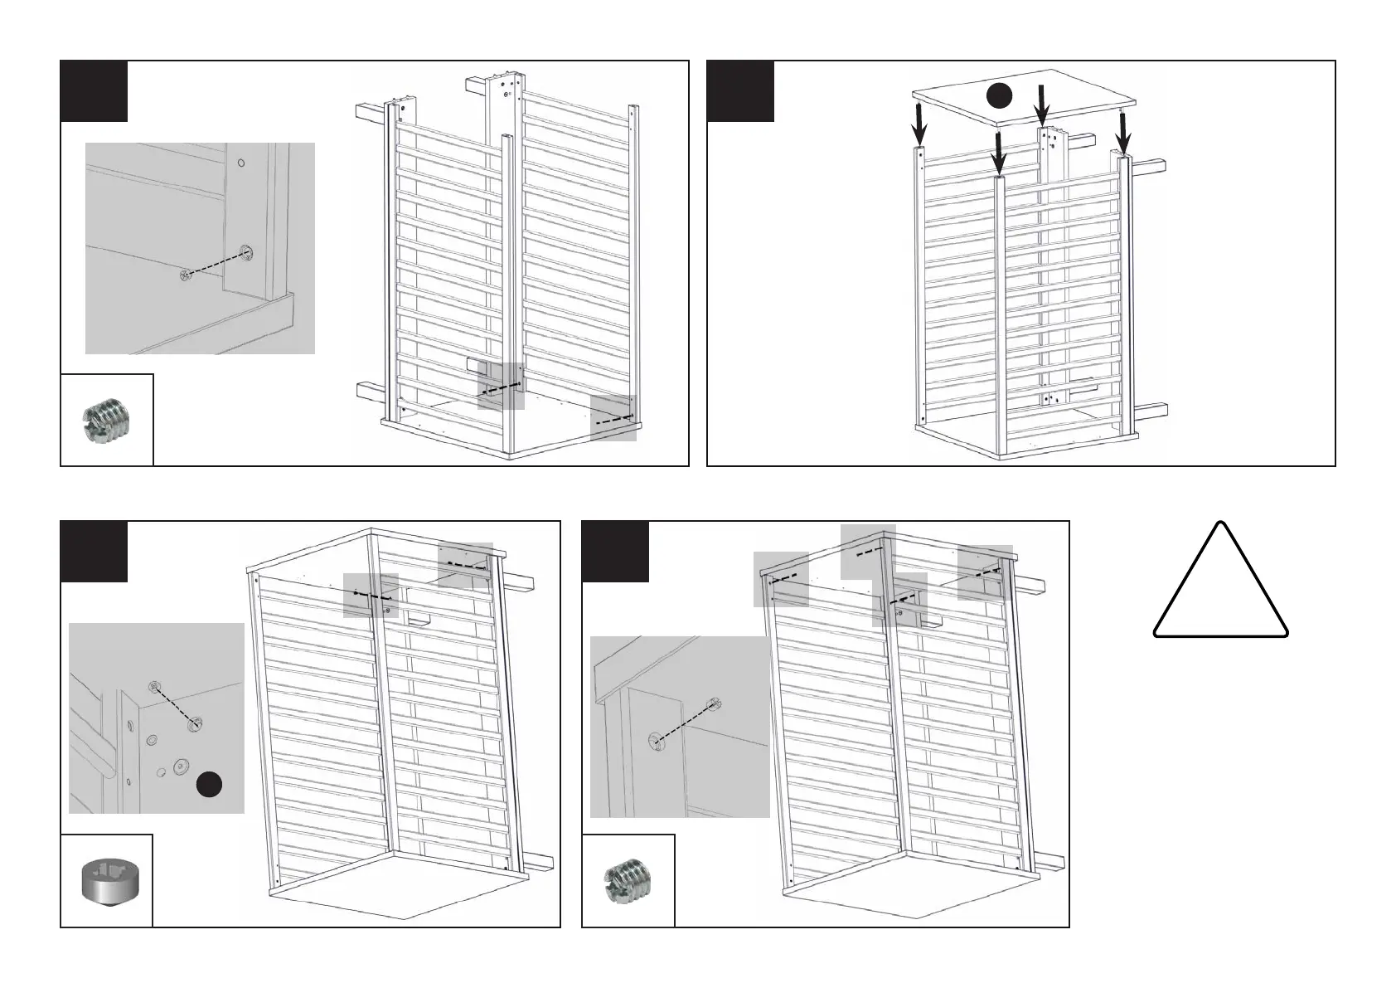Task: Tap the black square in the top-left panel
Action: [x=94, y=91]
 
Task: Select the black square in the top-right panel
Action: [x=740, y=91]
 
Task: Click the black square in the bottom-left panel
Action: [x=94, y=552]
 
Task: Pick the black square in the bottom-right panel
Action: [x=615, y=552]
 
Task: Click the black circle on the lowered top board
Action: [x=1001, y=96]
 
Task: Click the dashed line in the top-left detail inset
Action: [x=216, y=265]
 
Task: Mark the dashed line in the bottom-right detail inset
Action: [x=683, y=721]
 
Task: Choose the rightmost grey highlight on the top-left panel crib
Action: [x=613, y=419]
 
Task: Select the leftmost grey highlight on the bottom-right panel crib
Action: [x=781, y=578]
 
